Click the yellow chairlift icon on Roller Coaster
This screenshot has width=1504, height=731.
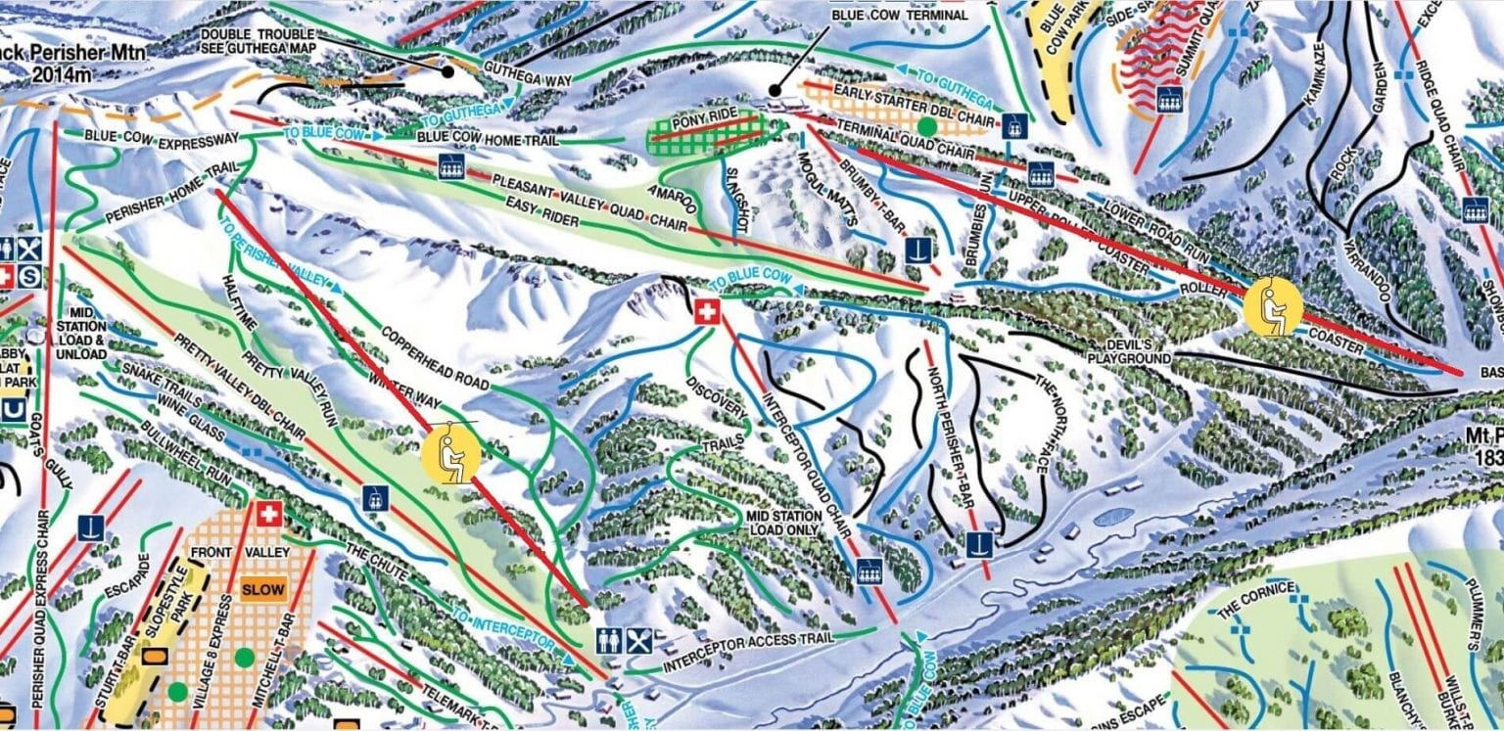click(1273, 306)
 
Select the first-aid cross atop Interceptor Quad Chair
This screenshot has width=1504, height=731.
click(707, 313)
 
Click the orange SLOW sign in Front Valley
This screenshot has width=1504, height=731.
click(262, 590)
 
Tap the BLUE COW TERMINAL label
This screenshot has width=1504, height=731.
click(898, 16)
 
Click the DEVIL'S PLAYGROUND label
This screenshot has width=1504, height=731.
click(1135, 351)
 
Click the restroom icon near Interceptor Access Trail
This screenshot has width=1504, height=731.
click(610, 641)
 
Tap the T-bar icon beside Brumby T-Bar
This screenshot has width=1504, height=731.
click(916, 249)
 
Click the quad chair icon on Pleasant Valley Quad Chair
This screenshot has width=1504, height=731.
click(450, 165)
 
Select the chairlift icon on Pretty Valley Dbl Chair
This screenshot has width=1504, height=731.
click(373, 498)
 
